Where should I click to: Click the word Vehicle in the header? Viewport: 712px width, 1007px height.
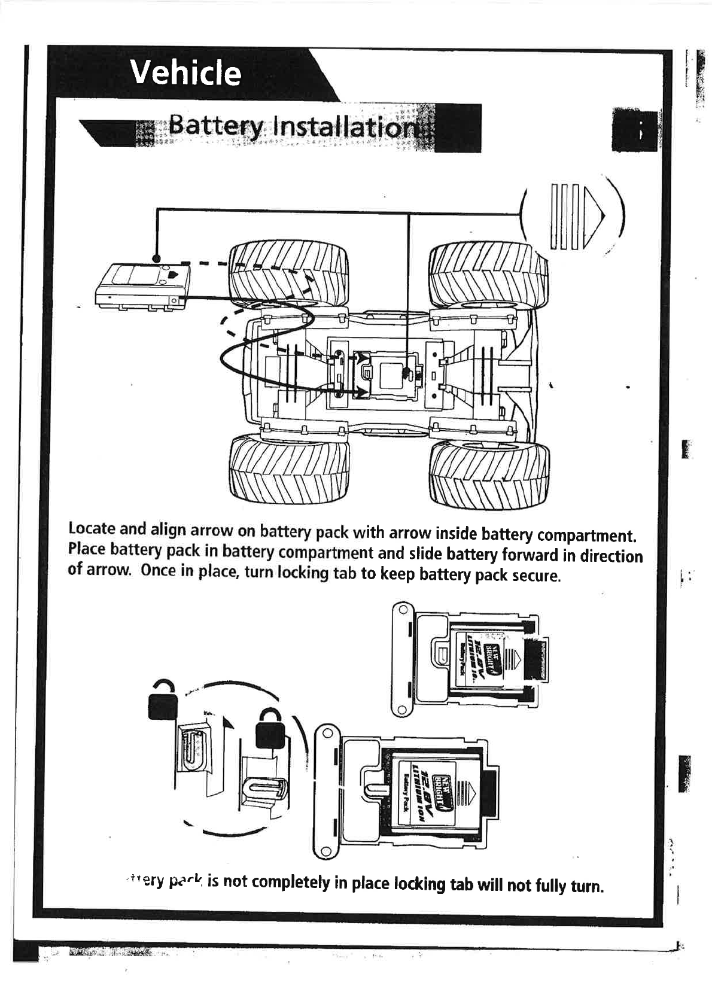[x=186, y=73]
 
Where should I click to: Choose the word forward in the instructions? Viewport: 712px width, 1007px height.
[x=529, y=555]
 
